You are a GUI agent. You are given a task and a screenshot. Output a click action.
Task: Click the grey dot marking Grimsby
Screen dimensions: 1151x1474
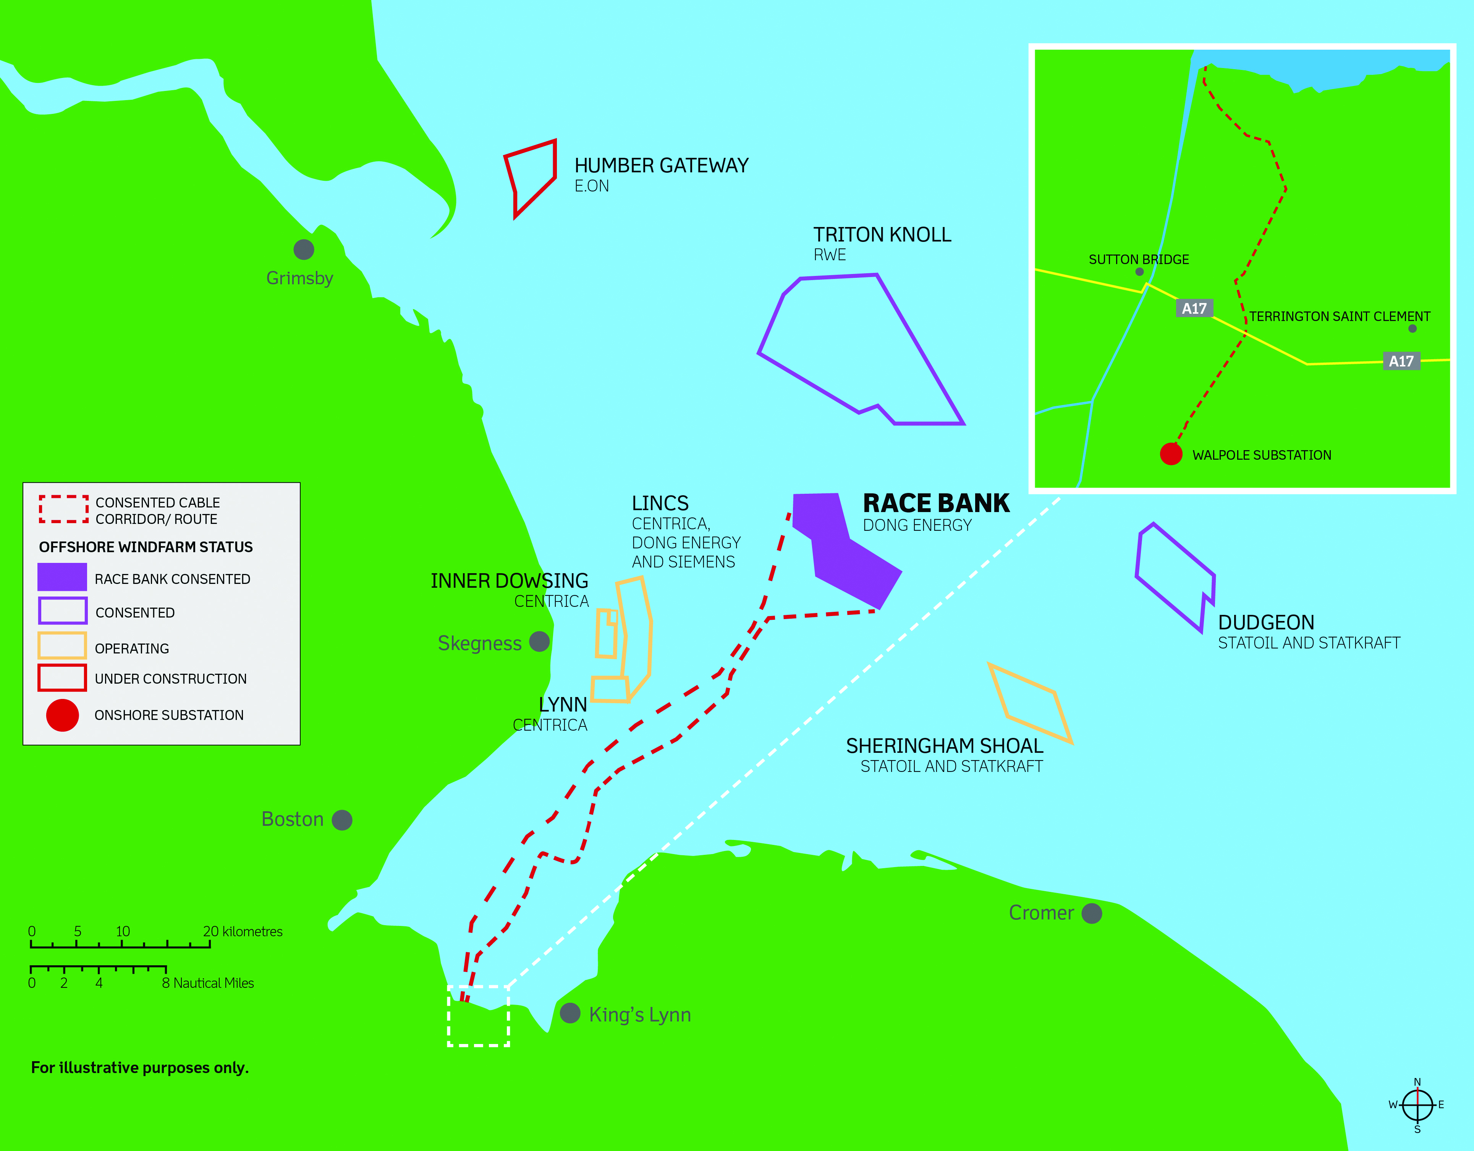(304, 250)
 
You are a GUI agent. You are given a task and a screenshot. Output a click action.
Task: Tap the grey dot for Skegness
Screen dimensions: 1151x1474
(539, 641)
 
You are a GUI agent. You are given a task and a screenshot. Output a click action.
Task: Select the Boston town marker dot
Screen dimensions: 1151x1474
(342, 820)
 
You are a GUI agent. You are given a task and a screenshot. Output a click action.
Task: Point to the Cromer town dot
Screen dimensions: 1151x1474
(1091, 913)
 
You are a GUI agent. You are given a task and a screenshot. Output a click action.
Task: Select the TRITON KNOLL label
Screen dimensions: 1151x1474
(882, 235)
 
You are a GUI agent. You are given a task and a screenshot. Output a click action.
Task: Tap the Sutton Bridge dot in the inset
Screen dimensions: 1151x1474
(1139, 272)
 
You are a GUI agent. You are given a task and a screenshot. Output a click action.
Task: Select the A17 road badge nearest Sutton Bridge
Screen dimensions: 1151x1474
(1194, 308)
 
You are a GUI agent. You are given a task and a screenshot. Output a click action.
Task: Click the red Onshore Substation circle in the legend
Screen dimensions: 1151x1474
(62, 715)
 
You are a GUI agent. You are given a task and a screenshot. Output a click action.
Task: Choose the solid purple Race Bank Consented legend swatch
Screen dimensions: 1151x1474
(62, 577)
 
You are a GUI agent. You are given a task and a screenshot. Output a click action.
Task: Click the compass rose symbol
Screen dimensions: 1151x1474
(1417, 1105)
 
